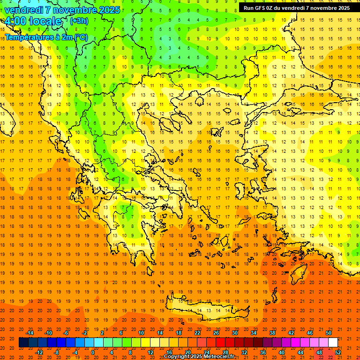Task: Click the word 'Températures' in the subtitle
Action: coord(28,37)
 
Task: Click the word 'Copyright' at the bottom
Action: coord(176,357)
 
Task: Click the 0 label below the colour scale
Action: coord(93,352)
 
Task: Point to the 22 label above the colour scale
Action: coord(197,333)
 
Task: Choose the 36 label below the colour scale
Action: coord(263,352)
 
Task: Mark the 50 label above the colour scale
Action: coord(329,333)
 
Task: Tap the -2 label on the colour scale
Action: coord(84,333)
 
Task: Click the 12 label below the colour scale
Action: coord(150,352)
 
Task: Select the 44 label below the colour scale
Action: coord(300,352)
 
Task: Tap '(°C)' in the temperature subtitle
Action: coord(80,37)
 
